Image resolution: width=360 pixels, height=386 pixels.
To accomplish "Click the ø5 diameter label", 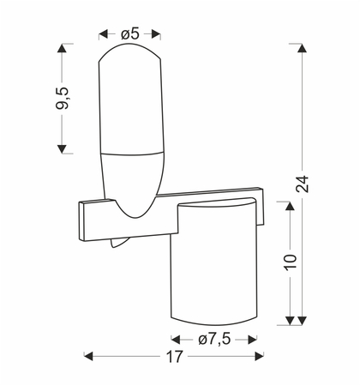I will (130, 33).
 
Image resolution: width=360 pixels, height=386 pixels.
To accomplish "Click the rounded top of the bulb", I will (129, 56).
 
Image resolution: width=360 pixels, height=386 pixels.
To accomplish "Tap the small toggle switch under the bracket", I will (117, 245).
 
